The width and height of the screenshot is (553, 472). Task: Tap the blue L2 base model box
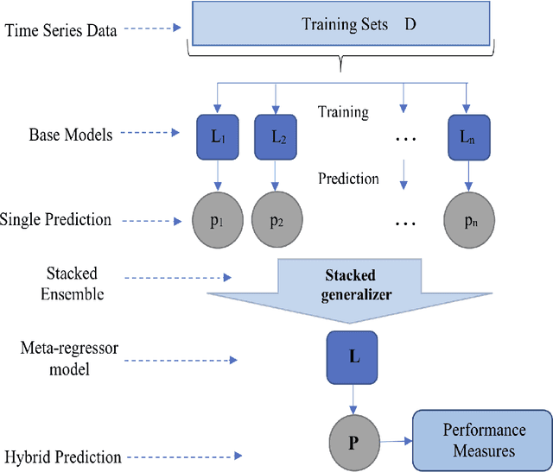[275, 135]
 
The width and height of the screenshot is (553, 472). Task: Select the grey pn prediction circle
[468, 221]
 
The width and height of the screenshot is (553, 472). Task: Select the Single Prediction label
[57, 219]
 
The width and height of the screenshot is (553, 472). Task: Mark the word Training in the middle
[343, 112]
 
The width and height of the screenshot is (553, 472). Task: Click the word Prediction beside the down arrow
[348, 179]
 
